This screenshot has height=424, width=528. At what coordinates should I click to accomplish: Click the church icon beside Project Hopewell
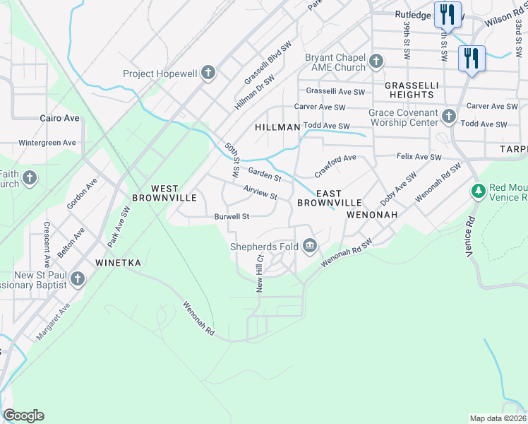tap(208, 73)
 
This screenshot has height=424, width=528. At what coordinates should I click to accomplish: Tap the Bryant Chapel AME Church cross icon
tap(376, 61)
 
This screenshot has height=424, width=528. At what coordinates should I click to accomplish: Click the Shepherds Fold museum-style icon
tap(309, 247)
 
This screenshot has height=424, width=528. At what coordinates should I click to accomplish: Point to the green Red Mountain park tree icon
tap(479, 190)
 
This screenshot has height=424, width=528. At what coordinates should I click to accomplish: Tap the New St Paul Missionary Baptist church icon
tap(78, 280)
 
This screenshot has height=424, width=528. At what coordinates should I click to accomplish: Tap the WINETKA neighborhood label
tap(119, 263)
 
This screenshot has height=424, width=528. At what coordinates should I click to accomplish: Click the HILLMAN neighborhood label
tap(277, 127)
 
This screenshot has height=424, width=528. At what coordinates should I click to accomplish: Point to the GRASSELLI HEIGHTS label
tap(409, 90)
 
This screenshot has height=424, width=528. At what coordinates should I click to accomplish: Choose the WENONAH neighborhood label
tap(372, 214)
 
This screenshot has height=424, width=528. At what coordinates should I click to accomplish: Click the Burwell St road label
tap(232, 217)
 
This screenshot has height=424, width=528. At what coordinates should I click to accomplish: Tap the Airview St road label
tap(260, 192)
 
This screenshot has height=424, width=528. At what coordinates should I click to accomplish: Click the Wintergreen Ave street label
tap(47, 143)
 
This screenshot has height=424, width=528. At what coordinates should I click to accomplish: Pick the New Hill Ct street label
tap(260, 274)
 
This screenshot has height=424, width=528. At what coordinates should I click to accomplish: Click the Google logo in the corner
tap(23, 416)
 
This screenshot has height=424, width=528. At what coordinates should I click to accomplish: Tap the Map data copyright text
tap(498, 418)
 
